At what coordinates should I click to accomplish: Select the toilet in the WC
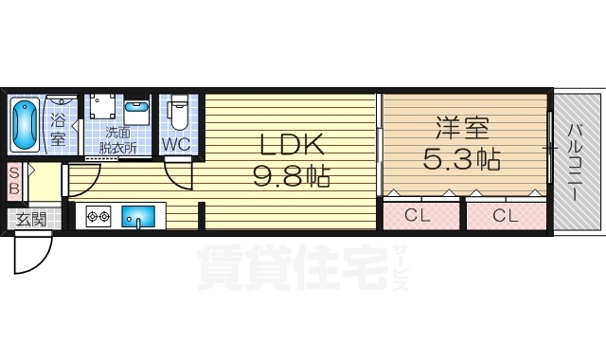178,114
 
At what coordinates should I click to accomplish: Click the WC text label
176,145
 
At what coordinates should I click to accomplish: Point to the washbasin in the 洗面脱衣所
136,111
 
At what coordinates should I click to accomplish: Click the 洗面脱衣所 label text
119,140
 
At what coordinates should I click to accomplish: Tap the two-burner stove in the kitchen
99,216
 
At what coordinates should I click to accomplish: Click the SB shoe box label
14,180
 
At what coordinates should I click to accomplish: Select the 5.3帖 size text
463,157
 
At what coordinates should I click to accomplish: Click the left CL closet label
418,215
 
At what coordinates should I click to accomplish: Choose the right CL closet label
506,215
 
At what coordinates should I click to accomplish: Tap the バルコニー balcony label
575,161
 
